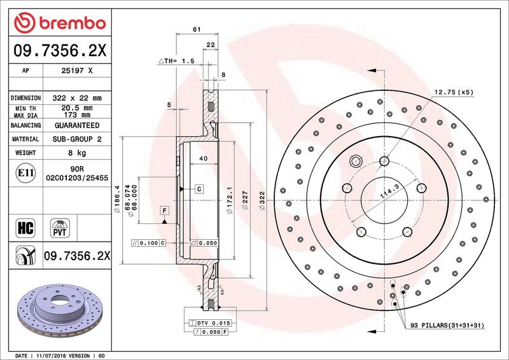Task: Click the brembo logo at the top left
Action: pyautogui.click(x=60, y=23)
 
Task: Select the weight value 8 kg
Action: pyautogui.click(x=77, y=153)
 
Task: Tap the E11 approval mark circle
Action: pyautogui.click(x=25, y=173)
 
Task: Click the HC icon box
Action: pyautogui.click(x=25, y=228)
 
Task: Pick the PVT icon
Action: pyautogui.click(x=60, y=228)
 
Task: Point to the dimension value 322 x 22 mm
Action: pyautogui.click(x=77, y=98)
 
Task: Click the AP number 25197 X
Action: pyautogui.click(x=77, y=71)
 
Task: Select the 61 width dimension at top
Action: pyautogui.click(x=197, y=29)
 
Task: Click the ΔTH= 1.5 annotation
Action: pyautogui.click(x=176, y=60)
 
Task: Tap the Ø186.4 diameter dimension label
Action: pyautogui.click(x=117, y=198)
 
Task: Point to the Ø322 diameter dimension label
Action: pyautogui.click(x=262, y=201)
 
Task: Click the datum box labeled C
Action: pyautogui.click(x=199, y=189)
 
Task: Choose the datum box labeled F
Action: pyautogui.click(x=165, y=211)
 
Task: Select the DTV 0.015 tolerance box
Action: pyautogui.click(x=210, y=323)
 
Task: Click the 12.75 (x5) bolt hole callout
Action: pyautogui.click(x=454, y=92)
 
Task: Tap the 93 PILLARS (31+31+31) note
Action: pyautogui.click(x=447, y=325)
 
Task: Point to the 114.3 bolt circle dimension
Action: pyautogui.click(x=389, y=191)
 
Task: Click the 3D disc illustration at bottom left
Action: pyautogui.click(x=60, y=310)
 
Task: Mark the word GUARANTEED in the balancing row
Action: pyautogui.click(x=77, y=125)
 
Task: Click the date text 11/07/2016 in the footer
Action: pyautogui.click(x=47, y=356)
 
